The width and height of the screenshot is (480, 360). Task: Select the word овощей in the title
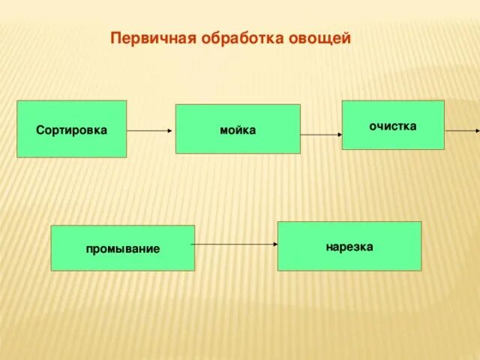(x=319, y=38)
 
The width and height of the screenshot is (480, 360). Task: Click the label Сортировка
(x=71, y=130)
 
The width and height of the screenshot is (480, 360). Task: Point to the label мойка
(x=238, y=130)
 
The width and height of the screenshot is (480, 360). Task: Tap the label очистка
(x=392, y=125)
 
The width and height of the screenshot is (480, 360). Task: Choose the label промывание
(x=122, y=248)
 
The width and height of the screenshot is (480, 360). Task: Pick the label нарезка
(x=349, y=246)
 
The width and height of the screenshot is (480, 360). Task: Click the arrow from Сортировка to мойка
(x=150, y=130)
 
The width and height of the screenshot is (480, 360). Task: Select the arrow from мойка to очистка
(x=321, y=135)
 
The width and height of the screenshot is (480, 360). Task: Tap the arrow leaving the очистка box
(x=461, y=130)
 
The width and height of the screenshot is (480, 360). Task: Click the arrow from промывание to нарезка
(x=235, y=244)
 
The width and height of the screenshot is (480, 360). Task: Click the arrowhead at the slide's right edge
(x=476, y=130)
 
